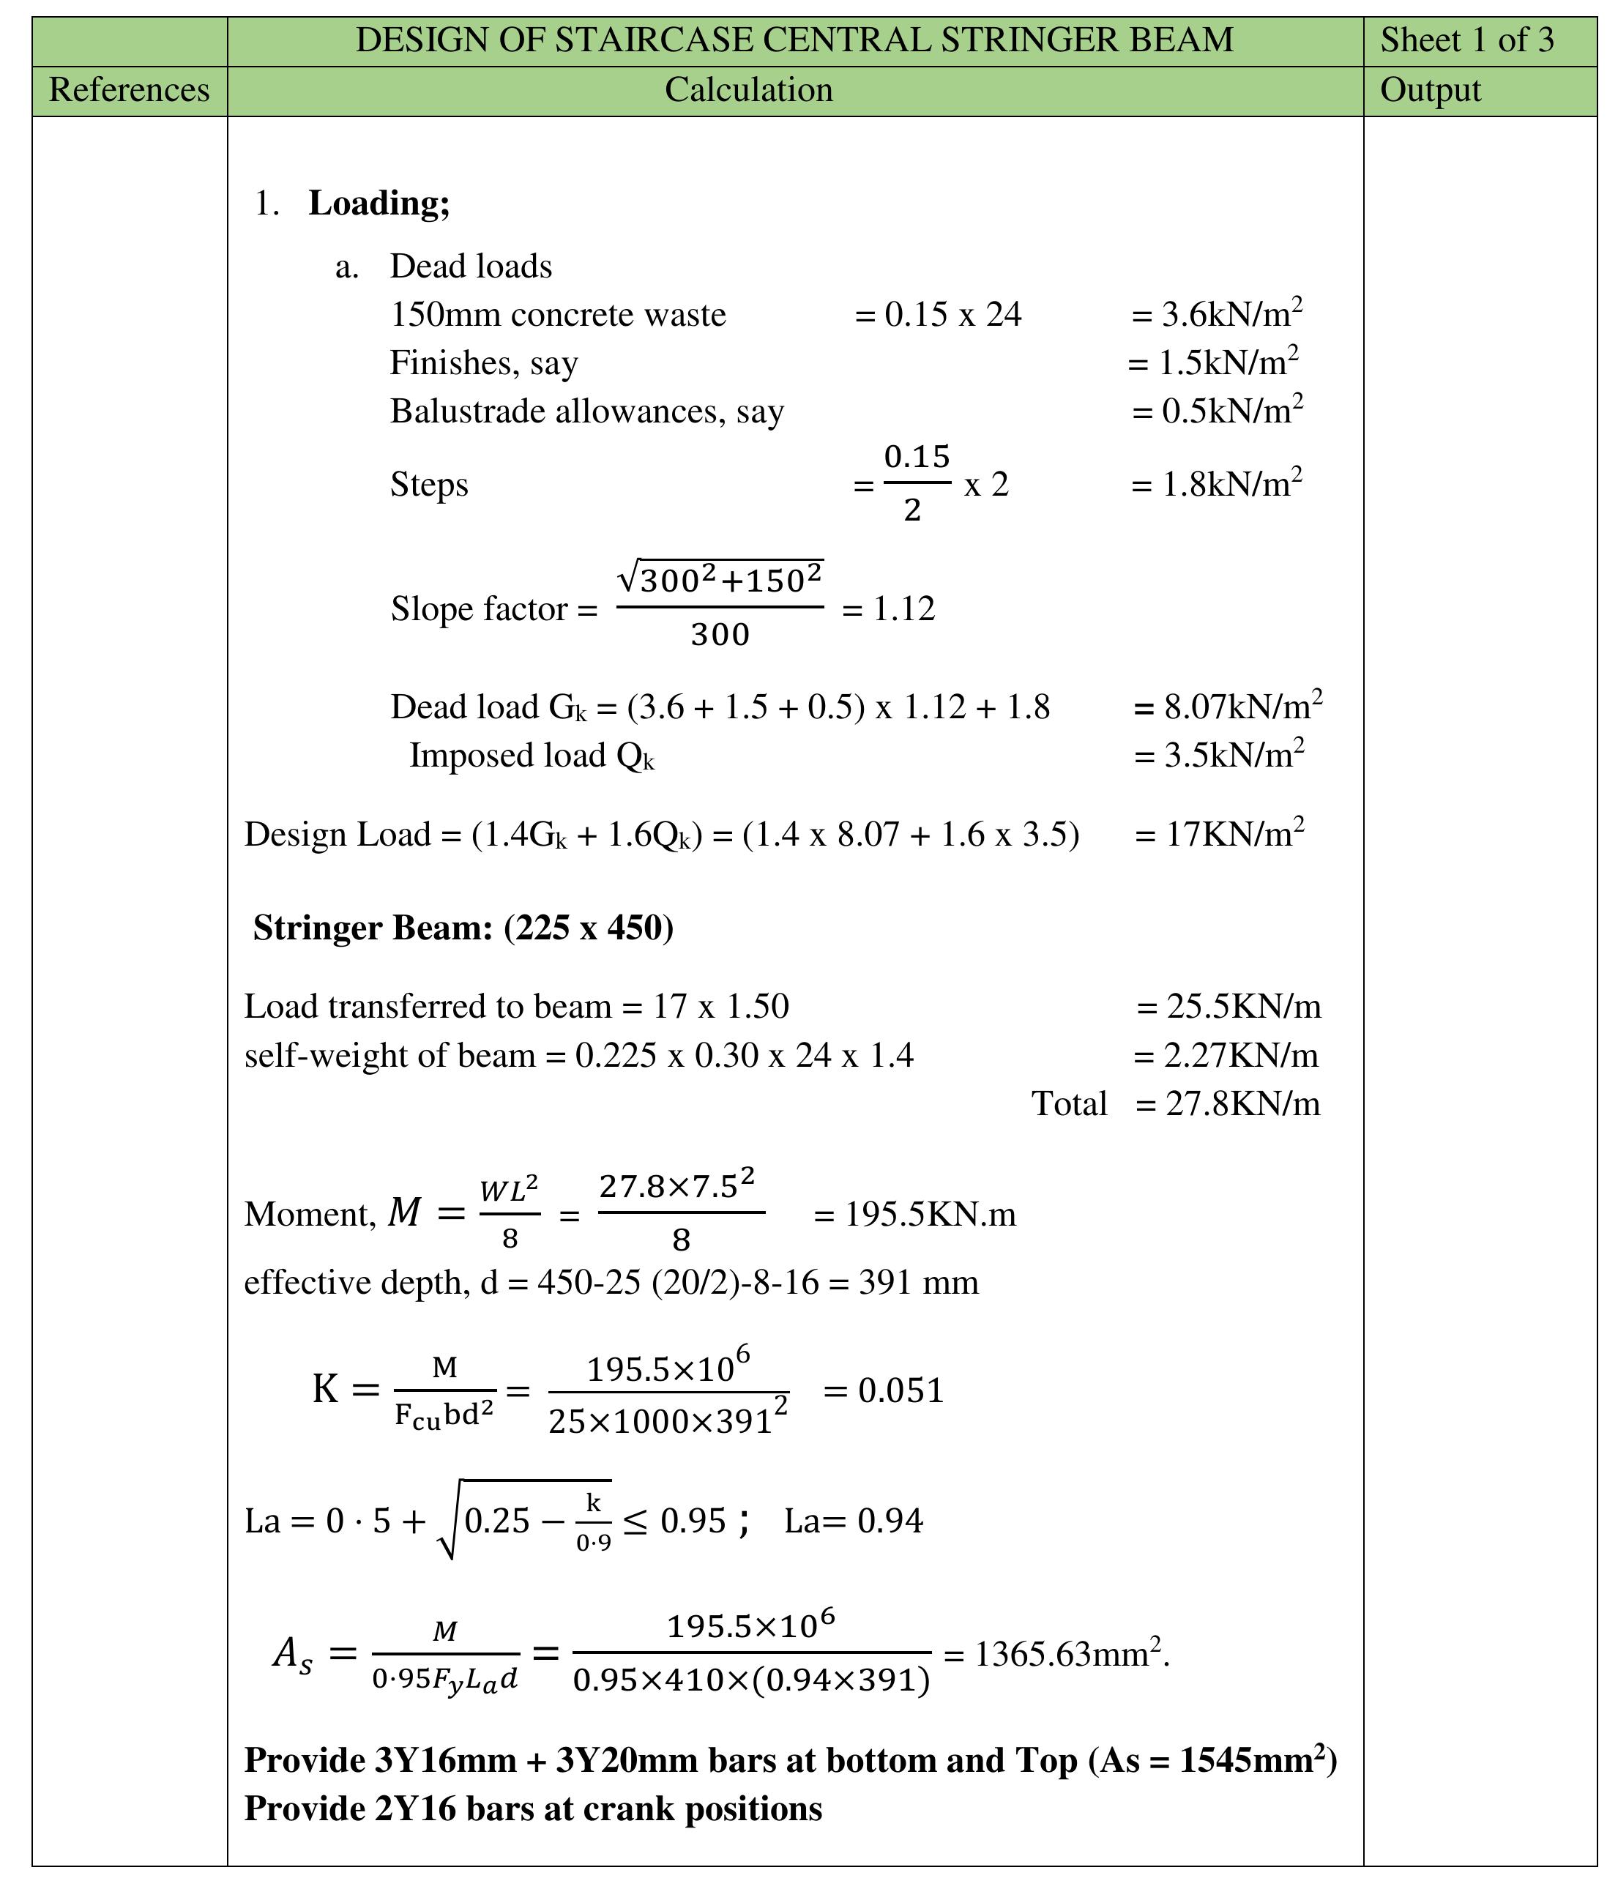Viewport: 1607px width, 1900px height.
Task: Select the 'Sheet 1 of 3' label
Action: point(1466,40)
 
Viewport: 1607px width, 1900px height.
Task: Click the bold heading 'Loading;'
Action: point(379,203)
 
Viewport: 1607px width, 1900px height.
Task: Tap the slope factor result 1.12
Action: point(903,608)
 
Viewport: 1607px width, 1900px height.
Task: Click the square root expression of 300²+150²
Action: point(720,578)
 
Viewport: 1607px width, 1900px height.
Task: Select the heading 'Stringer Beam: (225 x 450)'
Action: point(463,927)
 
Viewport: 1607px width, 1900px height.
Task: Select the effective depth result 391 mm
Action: point(918,1283)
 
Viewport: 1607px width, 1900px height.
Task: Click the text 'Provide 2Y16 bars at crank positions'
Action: point(533,1808)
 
